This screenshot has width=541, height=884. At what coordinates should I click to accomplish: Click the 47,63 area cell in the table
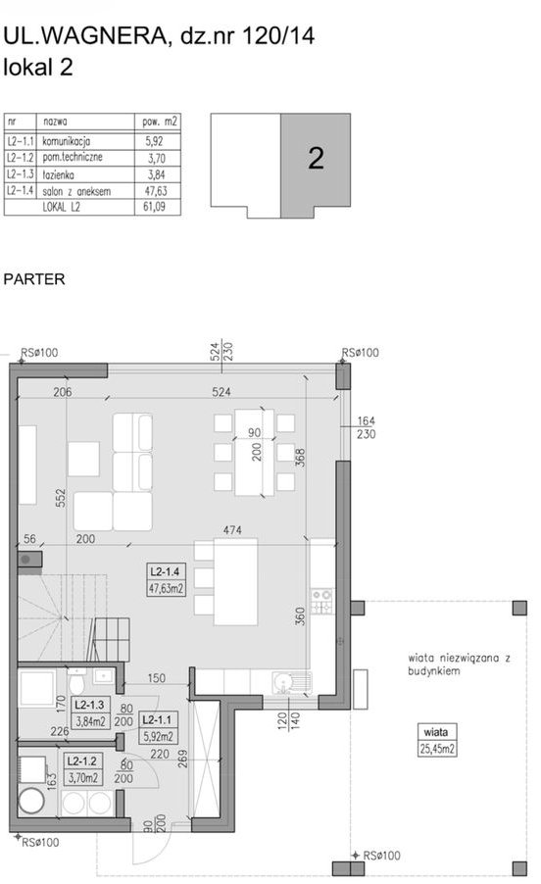[156, 191]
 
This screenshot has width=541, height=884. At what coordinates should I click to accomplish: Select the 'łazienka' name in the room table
[58, 174]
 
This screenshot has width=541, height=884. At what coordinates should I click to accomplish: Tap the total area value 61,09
[155, 207]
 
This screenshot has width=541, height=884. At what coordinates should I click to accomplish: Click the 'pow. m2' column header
[160, 122]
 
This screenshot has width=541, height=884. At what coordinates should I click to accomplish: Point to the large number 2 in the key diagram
[317, 159]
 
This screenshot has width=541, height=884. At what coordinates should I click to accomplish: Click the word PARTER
[34, 279]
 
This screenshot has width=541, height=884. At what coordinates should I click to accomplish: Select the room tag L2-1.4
[165, 571]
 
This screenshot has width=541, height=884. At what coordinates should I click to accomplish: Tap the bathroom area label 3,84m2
[91, 720]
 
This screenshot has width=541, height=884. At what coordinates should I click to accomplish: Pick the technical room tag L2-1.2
[82, 761]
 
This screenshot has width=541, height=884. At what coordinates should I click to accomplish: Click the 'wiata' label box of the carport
[436, 732]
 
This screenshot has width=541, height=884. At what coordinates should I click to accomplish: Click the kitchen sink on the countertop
[291, 683]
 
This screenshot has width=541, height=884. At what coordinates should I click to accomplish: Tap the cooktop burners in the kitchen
[321, 602]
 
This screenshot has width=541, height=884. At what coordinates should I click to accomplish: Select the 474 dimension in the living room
[232, 530]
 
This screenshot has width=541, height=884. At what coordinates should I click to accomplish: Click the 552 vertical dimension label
[61, 498]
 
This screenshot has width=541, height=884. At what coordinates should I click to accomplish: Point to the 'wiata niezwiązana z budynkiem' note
[460, 664]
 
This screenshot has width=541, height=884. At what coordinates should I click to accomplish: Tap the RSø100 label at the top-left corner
[39, 353]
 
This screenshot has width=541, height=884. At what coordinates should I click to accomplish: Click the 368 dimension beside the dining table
[300, 458]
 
